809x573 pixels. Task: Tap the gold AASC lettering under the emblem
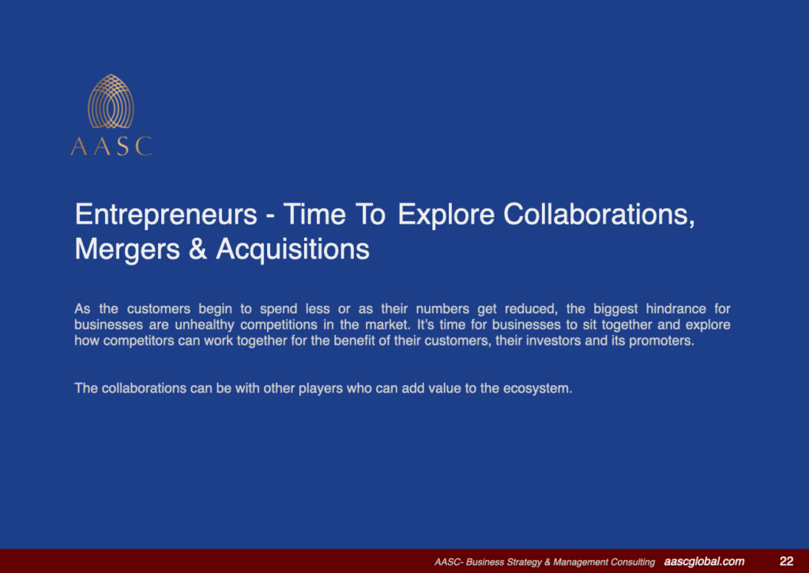point(111,146)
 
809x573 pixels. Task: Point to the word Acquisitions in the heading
point(292,249)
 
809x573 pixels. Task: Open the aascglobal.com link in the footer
point(704,561)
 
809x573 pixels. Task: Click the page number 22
point(786,561)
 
